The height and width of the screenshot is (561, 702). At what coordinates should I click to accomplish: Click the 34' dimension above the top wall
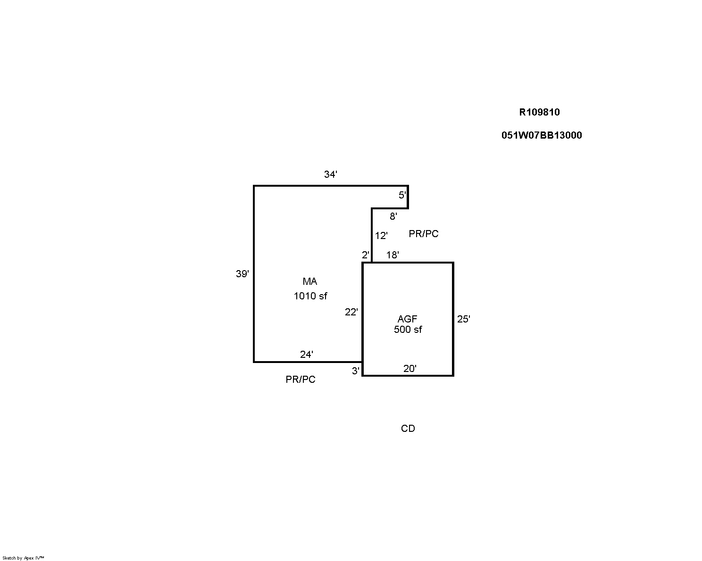click(x=330, y=174)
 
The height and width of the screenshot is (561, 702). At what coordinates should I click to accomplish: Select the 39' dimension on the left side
click(x=242, y=274)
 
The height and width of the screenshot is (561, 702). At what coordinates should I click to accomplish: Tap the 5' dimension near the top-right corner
click(x=402, y=195)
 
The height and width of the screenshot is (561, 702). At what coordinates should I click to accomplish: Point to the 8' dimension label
click(x=393, y=216)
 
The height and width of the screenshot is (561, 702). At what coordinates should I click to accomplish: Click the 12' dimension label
click(x=381, y=236)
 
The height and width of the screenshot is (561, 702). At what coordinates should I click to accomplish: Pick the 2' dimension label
click(x=366, y=255)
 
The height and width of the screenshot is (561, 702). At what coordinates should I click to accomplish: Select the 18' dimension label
click(x=393, y=255)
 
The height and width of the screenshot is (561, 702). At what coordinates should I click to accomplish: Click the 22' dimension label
click(x=351, y=312)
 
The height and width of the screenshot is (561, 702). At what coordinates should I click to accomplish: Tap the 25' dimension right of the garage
click(x=464, y=319)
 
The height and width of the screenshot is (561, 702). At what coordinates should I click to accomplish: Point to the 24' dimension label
click(x=307, y=355)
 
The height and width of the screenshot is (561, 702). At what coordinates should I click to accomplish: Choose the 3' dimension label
click(x=356, y=371)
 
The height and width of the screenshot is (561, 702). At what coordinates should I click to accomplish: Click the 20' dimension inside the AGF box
click(x=409, y=369)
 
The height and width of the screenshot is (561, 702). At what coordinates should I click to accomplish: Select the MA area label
click(x=310, y=281)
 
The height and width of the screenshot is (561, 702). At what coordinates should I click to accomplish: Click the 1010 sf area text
click(x=310, y=296)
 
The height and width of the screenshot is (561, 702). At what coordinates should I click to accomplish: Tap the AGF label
click(x=408, y=319)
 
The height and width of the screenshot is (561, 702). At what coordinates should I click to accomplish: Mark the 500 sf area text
click(x=408, y=329)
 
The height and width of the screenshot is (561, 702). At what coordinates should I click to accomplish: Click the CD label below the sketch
click(x=408, y=429)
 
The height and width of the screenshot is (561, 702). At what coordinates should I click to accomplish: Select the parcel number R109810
click(x=540, y=112)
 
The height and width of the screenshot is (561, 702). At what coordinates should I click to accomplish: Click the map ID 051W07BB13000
click(x=542, y=135)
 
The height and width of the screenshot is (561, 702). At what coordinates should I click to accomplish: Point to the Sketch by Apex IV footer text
click(x=23, y=558)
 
